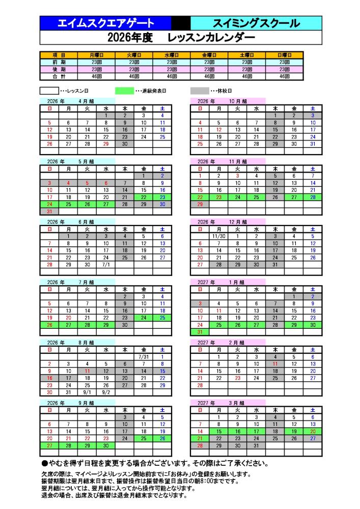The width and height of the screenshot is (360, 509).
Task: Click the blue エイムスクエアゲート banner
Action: click(105, 23)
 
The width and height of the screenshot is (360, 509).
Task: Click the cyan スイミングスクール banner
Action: click(256, 23)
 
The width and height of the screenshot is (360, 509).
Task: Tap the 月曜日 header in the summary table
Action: click(97, 54)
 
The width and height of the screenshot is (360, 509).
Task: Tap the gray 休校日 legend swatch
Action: click(200, 91)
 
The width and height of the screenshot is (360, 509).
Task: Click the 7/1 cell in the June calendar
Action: click(105, 265)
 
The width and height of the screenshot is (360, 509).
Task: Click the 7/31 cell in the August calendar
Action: click(143, 357)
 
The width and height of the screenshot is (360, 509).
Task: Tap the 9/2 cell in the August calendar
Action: click(105, 392)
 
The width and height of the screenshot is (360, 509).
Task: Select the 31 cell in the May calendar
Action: click(49, 211)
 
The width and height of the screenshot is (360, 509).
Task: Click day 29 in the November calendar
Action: click(200, 204)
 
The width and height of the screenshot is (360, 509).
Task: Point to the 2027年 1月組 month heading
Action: click(219, 281)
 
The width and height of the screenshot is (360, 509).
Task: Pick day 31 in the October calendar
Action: click(312, 144)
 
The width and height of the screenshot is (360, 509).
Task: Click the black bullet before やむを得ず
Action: click(44, 464)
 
